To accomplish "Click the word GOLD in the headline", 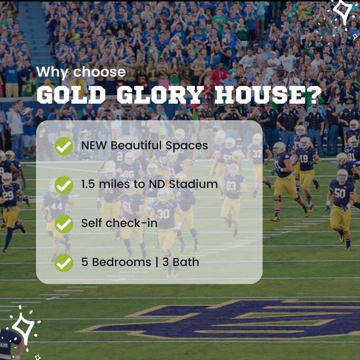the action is (x=71, y=95).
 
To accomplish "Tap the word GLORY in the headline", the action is (x=160, y=95).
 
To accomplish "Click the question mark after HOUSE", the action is (x=314, y=95).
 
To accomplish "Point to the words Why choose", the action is (x=81, y=72).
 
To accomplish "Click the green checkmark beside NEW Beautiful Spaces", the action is (x=64, y=146).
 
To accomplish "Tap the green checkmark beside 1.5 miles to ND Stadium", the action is (x=64, y=185).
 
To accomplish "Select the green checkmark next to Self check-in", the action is (x=64, y=224).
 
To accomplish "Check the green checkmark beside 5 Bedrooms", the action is (x=64, y=263).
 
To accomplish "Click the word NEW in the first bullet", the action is (x=94, y=145).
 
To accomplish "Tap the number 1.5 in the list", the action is (x=88, y=184).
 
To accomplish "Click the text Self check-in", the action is (x=120, y=223).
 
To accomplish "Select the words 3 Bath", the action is (x=181, y=262).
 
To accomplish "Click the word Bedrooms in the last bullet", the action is (x=122, y=262).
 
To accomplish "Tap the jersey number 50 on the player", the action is (x=340, y=193).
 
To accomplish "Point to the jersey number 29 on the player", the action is (x=8, y=195).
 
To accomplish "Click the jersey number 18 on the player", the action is (x=304, y=159).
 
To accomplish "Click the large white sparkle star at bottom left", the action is (x=23, y=328).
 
